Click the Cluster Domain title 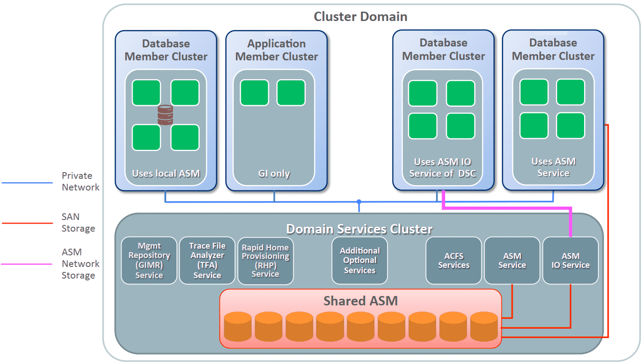click(x=360, y=17)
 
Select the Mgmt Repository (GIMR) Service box click(x=149, y=261)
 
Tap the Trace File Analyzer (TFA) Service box click(x=207, y=261)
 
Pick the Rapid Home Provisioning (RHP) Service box click(x=265, y=261)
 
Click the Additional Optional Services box click(x=360, y=261)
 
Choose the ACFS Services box click(x=454, y=261)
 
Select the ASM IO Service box click(x=570, y=261)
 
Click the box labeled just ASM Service click(x=512, y=261)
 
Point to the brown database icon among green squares click(x=165, y=115)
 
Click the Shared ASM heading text click(x=360, y=301)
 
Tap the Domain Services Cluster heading click(x=359, y=229)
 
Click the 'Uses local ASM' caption click(x=166, y=174)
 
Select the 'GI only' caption click(x=275, y=174)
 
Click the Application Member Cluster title click(x=277, y=50)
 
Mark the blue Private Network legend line click(x=27, y=183)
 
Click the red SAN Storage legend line click(x=27, y=223)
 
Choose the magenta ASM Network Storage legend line click(x=27, y=264)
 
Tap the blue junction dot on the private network click(x=358, y=202)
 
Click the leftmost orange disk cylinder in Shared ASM click(x=237, y=326)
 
